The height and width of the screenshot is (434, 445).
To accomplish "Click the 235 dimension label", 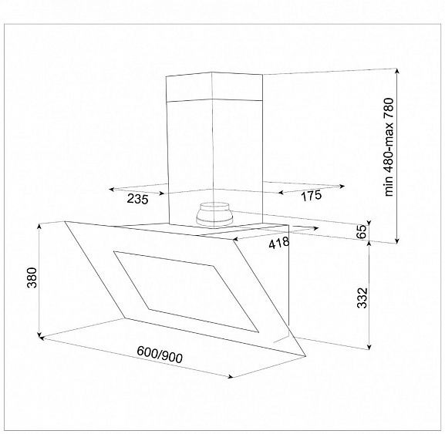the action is [137, 199].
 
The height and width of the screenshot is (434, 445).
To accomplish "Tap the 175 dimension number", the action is [311, 195].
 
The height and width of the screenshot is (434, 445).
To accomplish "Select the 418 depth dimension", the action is [279, 243].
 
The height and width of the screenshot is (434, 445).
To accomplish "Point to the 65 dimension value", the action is [361, 232].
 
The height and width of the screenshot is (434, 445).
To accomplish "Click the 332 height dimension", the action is [362, 298].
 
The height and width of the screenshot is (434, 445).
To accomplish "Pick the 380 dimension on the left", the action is [32, 278].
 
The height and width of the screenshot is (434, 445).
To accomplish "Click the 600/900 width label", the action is [160, 355].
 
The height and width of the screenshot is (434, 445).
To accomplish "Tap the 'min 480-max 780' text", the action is [389, 147].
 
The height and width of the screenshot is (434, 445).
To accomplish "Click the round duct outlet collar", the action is [214, 214].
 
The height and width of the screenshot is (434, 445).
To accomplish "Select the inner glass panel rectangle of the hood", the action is [186, 291].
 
